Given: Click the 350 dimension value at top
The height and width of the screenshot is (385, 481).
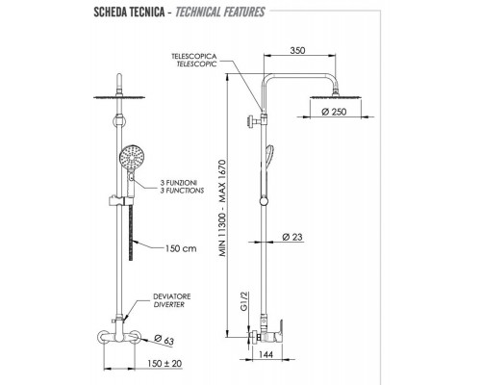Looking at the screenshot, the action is click(x=297, y=50).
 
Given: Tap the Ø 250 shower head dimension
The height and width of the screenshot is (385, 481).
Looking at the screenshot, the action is click(x=334, y=112).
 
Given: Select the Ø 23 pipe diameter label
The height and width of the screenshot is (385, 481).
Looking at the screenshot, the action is click(x=292, y=237).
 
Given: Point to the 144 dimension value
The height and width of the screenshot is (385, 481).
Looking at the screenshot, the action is click(x=266, y=354).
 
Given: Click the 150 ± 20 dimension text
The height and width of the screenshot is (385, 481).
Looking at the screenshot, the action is click(x=165, y=364).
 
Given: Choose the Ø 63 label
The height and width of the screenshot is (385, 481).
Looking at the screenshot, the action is click(x=164, y=340).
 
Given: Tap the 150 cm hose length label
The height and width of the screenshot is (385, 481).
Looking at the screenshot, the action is click(x=181, y=248).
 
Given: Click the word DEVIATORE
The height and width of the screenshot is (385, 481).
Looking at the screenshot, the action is click(x=172, y=296).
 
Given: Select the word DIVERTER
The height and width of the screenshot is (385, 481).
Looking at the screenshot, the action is click(x=169, y=304).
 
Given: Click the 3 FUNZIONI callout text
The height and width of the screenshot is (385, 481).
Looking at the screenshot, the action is click(x=178, y=183).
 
